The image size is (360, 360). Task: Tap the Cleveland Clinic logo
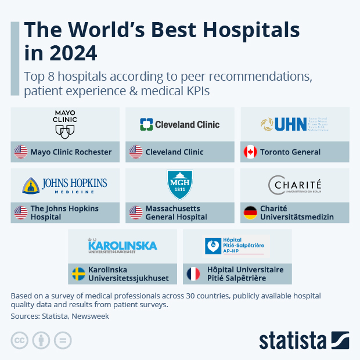(x=179, y=124)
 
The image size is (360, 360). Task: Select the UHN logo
(x=295, y=124)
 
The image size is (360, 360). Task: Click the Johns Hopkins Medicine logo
(x=65, y=186)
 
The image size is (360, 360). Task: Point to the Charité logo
(x=295, y=186)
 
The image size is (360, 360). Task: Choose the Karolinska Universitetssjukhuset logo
(x=122, y=246)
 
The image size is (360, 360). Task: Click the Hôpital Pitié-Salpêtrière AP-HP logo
(x=237, y=246)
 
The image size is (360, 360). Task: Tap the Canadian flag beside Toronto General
(x=250, y=152)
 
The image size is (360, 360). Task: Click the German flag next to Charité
(x=250, y=213)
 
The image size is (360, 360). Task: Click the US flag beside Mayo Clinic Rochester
(x=21, y=152)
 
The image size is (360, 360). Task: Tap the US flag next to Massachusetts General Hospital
(x=135, y=213)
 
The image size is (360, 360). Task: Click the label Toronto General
(x=290, y=152)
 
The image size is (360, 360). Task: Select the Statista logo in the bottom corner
(x=304, y=340)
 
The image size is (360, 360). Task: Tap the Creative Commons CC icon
(x=20, y=340)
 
